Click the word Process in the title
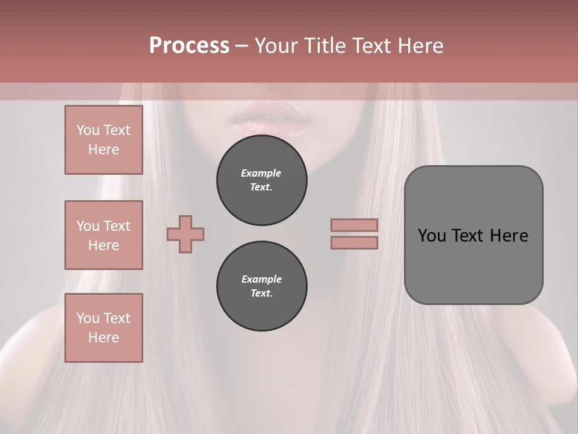[189, 46]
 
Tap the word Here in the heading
[420, 46]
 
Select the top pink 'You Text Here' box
[104, 140]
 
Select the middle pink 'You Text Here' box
[104, 235]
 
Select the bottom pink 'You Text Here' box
[104, 328]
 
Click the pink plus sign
[185, 234]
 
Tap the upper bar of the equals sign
[354, 225]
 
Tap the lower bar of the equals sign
[354, 242]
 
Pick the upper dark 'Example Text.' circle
[261, 180]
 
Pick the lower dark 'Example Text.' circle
[261, 286]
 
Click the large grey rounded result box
[473, 265]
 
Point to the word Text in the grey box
[471, 236]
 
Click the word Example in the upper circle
[261, 173]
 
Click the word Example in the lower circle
[261, 279]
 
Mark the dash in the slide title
[241, 46]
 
